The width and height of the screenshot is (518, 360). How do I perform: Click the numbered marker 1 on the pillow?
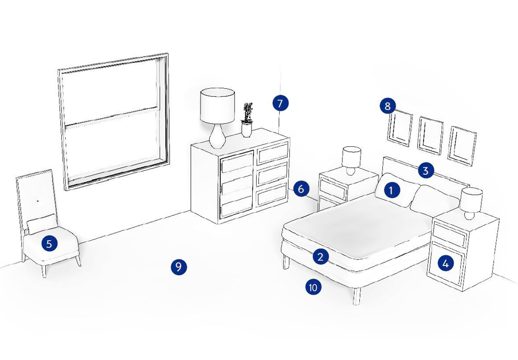click(x=391, y=190)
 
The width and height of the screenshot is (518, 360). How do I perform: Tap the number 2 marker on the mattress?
click(x=320, y=257)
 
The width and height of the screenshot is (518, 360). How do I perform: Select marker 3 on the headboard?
click(x=426, y=171)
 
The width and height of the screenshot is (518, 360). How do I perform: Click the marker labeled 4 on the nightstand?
click(x=445, y=264)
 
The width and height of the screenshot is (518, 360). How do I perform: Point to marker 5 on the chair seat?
click(x=49, y=244)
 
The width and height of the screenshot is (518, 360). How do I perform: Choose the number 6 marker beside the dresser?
click(x=301, y=189)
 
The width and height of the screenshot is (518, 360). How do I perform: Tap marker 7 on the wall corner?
click(x=280, y=103)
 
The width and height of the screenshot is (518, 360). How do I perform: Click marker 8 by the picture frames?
click(x=387, y=106)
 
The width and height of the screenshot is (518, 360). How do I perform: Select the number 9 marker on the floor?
click(x=179, y=267)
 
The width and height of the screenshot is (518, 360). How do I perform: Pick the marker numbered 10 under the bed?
click(x=313, y=287)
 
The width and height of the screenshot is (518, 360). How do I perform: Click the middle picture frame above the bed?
click(x=430, y=135)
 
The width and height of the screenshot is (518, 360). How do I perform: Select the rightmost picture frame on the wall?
click(x=462, y=146)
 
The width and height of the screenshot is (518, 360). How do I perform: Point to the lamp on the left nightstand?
click(x=351, y=161)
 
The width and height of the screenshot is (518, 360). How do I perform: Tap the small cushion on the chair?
click(x=42, y=224)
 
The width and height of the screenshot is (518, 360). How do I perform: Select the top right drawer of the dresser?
click(x=273, y=153)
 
